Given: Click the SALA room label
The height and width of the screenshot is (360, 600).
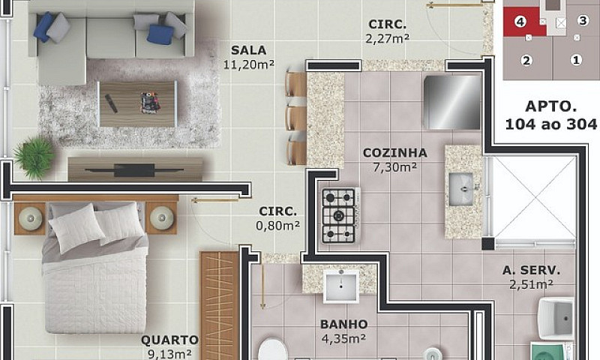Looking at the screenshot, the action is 248,50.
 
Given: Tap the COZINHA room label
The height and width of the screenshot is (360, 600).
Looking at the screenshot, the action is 395,153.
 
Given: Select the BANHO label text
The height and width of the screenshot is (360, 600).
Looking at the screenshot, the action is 344,325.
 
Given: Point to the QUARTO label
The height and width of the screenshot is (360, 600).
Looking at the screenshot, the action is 170,340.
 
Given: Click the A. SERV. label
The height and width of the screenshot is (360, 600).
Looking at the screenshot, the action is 531,271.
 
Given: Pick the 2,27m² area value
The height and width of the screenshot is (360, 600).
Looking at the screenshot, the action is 388,39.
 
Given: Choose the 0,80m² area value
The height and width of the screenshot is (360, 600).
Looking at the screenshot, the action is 277,226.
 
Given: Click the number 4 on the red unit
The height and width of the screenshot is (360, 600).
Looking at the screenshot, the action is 520,22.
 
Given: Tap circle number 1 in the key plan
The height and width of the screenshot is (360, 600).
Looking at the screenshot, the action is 576,60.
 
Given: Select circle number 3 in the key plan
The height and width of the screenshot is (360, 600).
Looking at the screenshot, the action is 583,20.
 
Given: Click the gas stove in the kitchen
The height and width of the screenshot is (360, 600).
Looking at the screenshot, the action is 340,216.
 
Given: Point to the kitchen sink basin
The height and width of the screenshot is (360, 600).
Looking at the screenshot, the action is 460,189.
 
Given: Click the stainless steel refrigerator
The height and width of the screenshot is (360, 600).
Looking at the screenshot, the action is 451,102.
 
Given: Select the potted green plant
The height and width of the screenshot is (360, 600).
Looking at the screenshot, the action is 34,157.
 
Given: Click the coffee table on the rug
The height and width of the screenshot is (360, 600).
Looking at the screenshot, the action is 138,103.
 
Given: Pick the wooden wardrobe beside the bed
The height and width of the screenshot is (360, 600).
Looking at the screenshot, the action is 219,306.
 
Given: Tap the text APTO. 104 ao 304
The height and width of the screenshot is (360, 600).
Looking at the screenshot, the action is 550,115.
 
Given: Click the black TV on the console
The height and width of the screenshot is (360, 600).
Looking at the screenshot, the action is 134,170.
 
